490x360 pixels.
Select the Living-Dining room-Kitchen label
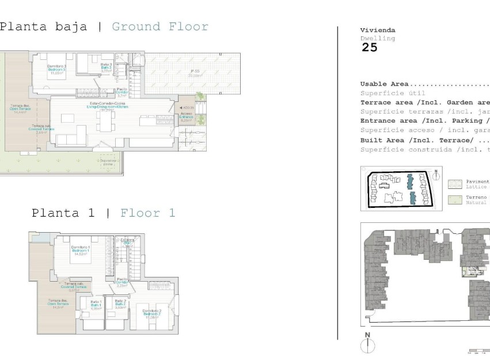pyautogui.click(x=107, y=108)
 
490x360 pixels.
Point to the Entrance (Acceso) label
pyautogui.click(x=185, y=118)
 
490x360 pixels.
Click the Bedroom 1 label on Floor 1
pyautogui.click(x=79, y=252)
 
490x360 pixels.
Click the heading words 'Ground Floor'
pyautogui.click(x=159, y=26)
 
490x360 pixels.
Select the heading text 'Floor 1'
pyautogui.click(x=147, y=213)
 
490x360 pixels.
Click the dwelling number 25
pyautogui.click(x=369, y=48)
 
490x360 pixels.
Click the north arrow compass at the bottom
pyautogui.click(x=367, y=344)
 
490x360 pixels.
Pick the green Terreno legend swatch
pyautogui.click(x=454, y=200)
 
